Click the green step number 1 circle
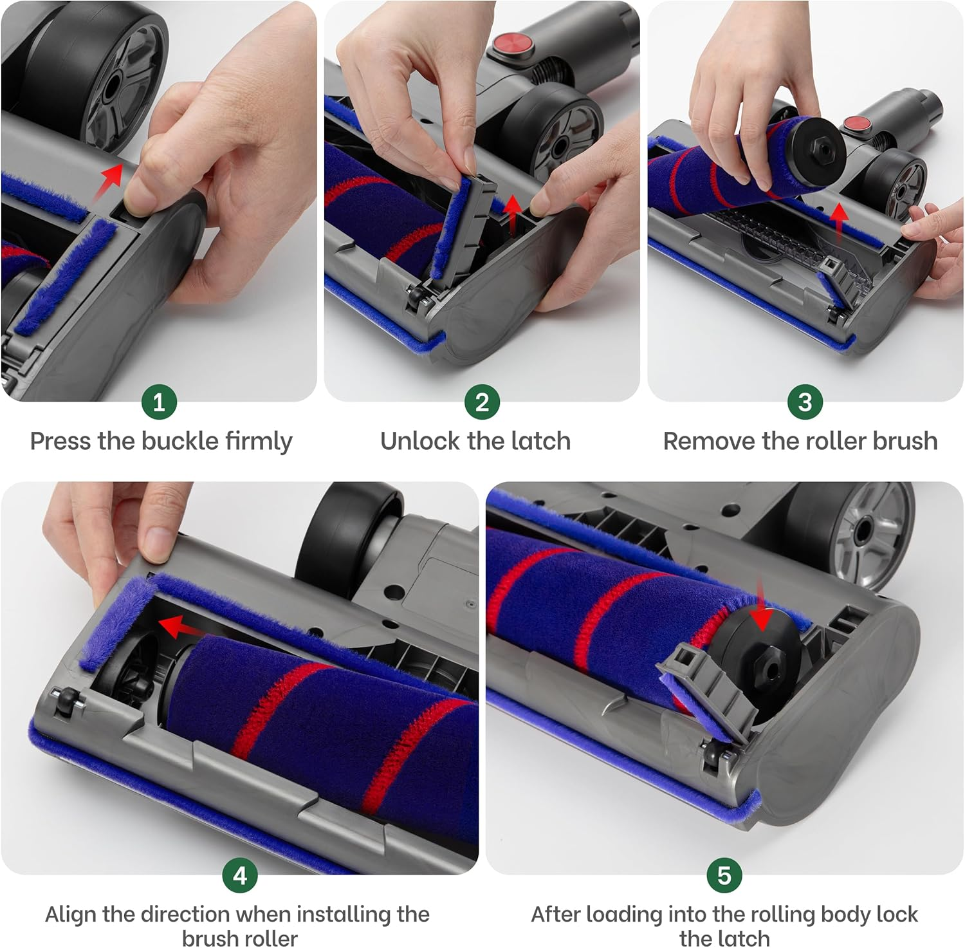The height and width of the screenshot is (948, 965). pos(159,402)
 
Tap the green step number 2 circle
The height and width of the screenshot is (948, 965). pos(482,402)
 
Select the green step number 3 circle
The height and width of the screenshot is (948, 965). pos(805,402)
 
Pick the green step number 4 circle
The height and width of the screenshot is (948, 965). pos(240,875)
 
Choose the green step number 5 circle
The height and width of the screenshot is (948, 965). pos(724,875)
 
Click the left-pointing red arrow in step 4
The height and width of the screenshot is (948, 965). pos(178,626)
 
